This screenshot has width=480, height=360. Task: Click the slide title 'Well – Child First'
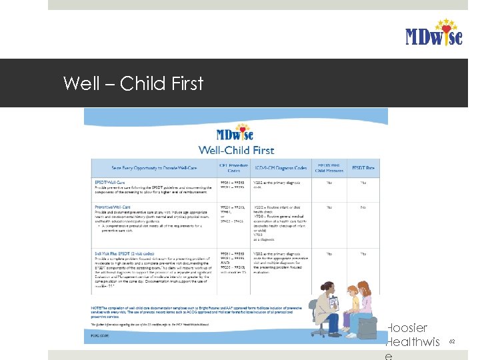(133, 83)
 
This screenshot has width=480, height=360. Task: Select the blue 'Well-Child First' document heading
(236, 150)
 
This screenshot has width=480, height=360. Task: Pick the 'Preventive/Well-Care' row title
(113, 207)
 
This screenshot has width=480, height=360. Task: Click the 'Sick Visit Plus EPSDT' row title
(127, 254)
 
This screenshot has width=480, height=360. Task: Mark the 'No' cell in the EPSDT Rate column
(363, 207)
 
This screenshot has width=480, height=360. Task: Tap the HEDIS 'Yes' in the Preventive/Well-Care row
(329, 207)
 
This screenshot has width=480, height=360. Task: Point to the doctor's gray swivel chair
(321, 327)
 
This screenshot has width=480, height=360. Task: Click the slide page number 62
(451, 341)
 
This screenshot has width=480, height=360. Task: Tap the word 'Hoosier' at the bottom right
(408, 327)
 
